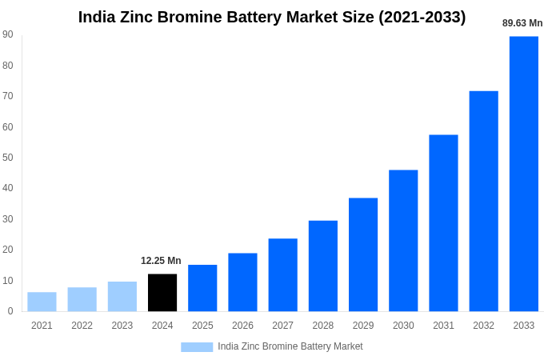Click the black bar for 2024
(x=162, y=293)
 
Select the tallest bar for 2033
(x=524, y=174)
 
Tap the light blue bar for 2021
(x=42, y=302)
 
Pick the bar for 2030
(x=403, y=240)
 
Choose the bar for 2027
(x=282, y=274)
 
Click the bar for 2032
(x=483, y=201)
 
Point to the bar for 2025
(x=202, y=288)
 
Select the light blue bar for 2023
(x=122, y=296)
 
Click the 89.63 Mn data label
(x=522, y=23)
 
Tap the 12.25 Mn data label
(x=161, y=261)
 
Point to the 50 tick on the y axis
(x=8, y=158)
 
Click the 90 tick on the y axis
(x=8, y=34)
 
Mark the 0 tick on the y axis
(x=10, y=311)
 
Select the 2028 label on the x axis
(x=322, y=326)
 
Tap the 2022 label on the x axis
(x=82, y=326)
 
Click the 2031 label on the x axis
(x=443, y=326)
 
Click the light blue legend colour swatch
(x=197, y=347)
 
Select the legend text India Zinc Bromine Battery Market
(x=290, y=346)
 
